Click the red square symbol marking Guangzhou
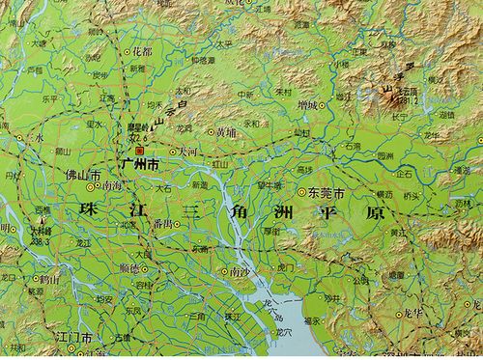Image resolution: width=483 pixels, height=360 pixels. (138, 151)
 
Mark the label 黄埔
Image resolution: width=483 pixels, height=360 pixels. (224, 131)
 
